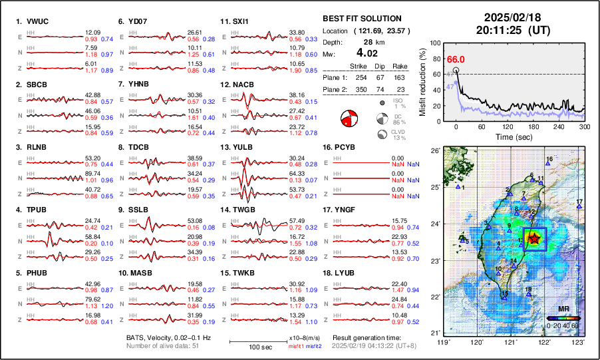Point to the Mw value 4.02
tap(367, 53)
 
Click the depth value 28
tap(367, 42)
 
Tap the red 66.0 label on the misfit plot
tap(456, 60)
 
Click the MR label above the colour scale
tap(563, 309)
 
